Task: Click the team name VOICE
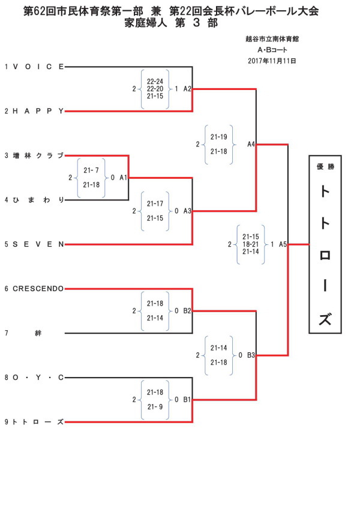point(38,67)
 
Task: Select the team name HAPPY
point(38,112)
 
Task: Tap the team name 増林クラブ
point(38,156)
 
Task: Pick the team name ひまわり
point(38,200)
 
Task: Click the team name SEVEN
point(38,244)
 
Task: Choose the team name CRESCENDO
point(38,289)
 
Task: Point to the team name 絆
point(38,333)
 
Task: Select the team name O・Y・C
point(38,378)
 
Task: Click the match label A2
point(187,89)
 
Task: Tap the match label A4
point(251,144)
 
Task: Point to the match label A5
point(283,244)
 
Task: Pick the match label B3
point(251,355)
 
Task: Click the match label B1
point(187,400)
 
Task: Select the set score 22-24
point(155,82)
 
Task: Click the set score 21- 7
point(91,170)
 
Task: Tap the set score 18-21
point(251,244)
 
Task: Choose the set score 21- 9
point(155,407)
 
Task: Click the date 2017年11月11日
point(272,61)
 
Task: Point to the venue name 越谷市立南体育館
point(272,39)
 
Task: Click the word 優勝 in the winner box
point(325,167)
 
